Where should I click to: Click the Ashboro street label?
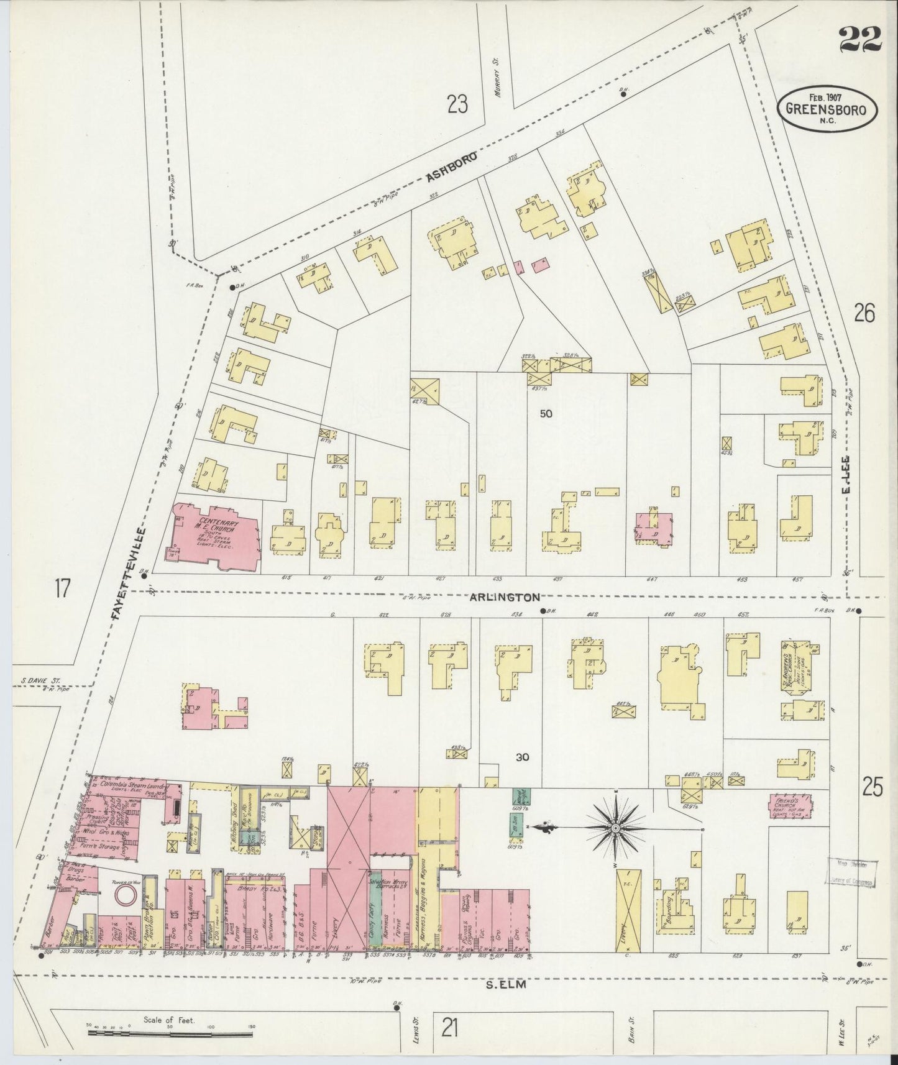(451, 167)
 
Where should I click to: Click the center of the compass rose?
(615, 828)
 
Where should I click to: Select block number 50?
(546, 414)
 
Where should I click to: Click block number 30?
(522, 756)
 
